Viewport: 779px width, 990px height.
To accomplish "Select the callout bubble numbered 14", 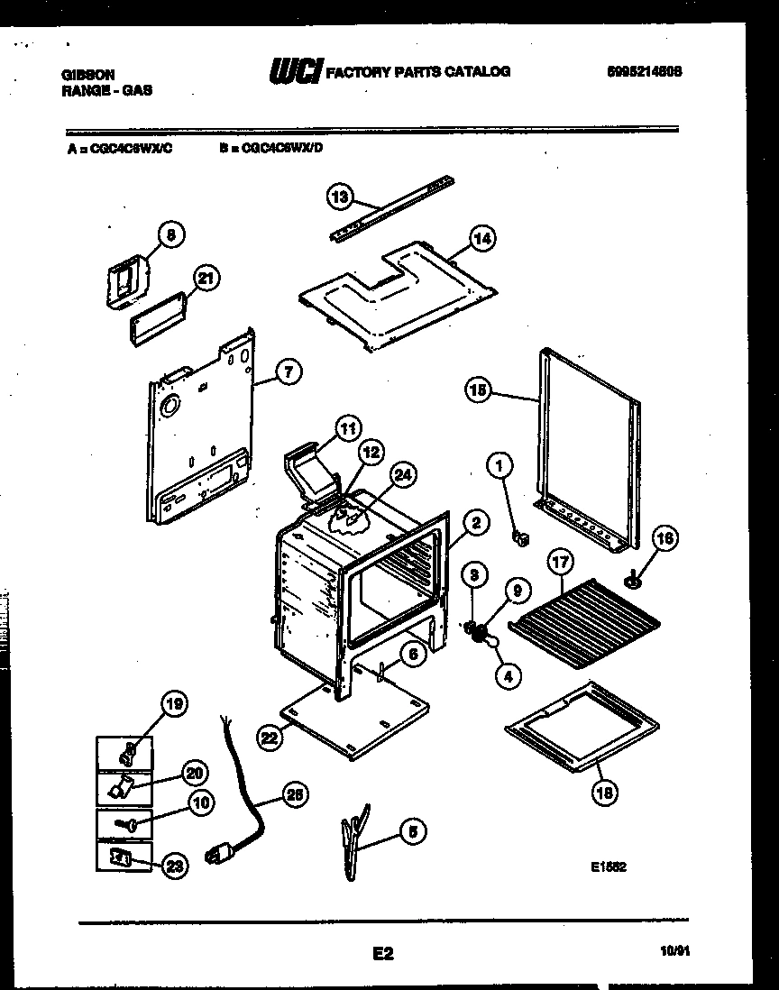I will [481, 238].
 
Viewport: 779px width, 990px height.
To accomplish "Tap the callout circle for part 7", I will [286, 371].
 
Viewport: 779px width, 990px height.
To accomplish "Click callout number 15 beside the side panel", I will [479, 390].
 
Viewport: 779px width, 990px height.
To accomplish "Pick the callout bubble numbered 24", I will [403, 475].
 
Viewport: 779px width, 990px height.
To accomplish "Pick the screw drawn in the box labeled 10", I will [124, 823].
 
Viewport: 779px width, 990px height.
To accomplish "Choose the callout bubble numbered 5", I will [412, 832].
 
